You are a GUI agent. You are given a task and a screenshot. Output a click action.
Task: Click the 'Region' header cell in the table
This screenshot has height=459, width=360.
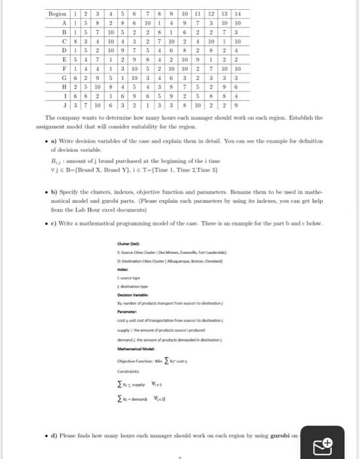click(58, 14)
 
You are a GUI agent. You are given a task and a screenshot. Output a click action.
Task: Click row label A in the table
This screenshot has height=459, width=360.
click(58, 22)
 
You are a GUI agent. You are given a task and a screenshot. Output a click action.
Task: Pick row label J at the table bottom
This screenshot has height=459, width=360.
click(58, 103)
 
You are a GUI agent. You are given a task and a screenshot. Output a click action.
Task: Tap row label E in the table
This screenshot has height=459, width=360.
click(58, 58)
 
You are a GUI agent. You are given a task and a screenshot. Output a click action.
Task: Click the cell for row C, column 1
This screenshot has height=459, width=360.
click(76, 40)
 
